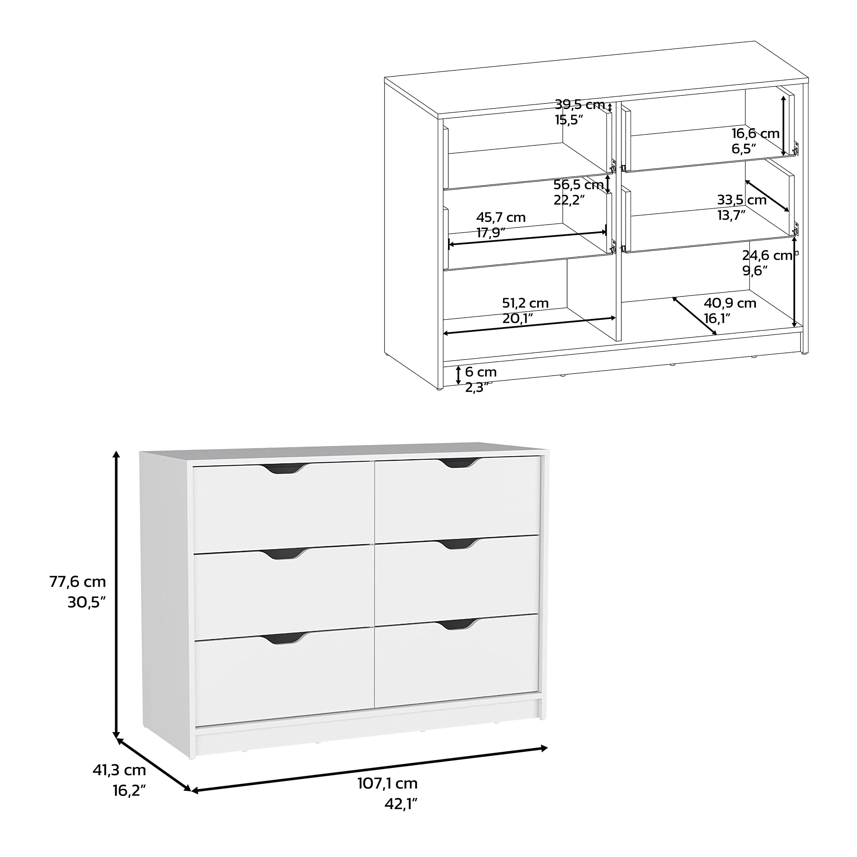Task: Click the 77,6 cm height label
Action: [78, 581]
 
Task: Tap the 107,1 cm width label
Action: [388, 783]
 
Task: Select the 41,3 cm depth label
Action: [119, 770]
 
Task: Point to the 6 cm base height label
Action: [481, 372]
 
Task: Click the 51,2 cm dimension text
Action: [525, 303]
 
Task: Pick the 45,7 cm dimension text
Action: [501, 217]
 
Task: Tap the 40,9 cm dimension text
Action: [730, 303]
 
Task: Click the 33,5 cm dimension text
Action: [742, 200]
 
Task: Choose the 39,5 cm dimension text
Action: [580, 105]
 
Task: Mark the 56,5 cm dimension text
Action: [578, 184]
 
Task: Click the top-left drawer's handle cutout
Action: [284, 469]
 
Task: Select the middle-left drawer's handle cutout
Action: [284, 554]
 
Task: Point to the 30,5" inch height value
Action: [86, 602]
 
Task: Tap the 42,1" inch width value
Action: [401, 804]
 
